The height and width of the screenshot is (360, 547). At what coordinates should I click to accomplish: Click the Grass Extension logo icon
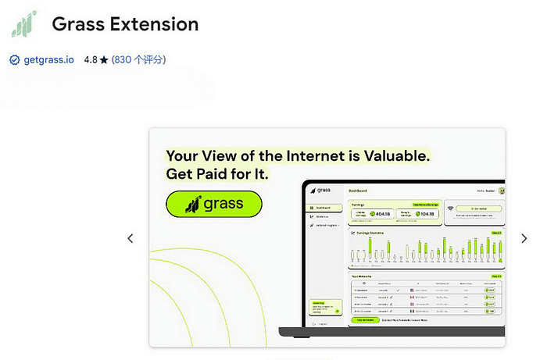23,23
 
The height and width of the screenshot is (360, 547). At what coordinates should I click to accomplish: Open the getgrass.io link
49,59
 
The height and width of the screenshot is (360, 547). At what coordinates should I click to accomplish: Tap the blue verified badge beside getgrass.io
14,59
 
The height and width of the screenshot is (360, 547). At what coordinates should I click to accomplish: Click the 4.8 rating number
91,59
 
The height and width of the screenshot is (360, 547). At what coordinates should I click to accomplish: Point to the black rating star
104,59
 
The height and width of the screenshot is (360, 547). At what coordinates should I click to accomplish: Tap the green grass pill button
214,205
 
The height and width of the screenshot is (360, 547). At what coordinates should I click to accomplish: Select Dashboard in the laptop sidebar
324,208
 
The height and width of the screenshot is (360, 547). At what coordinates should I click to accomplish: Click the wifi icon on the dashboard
451,209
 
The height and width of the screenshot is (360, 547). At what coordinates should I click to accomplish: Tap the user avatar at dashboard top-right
502,191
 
